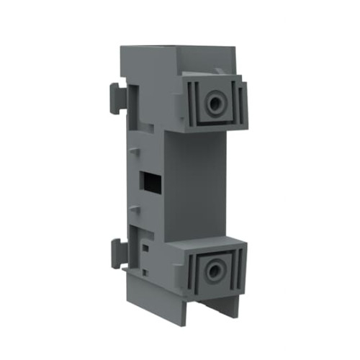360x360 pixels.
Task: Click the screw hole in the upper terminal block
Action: [x=214, y=103]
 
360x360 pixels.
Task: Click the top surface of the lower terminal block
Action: [x=205, y=239]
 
